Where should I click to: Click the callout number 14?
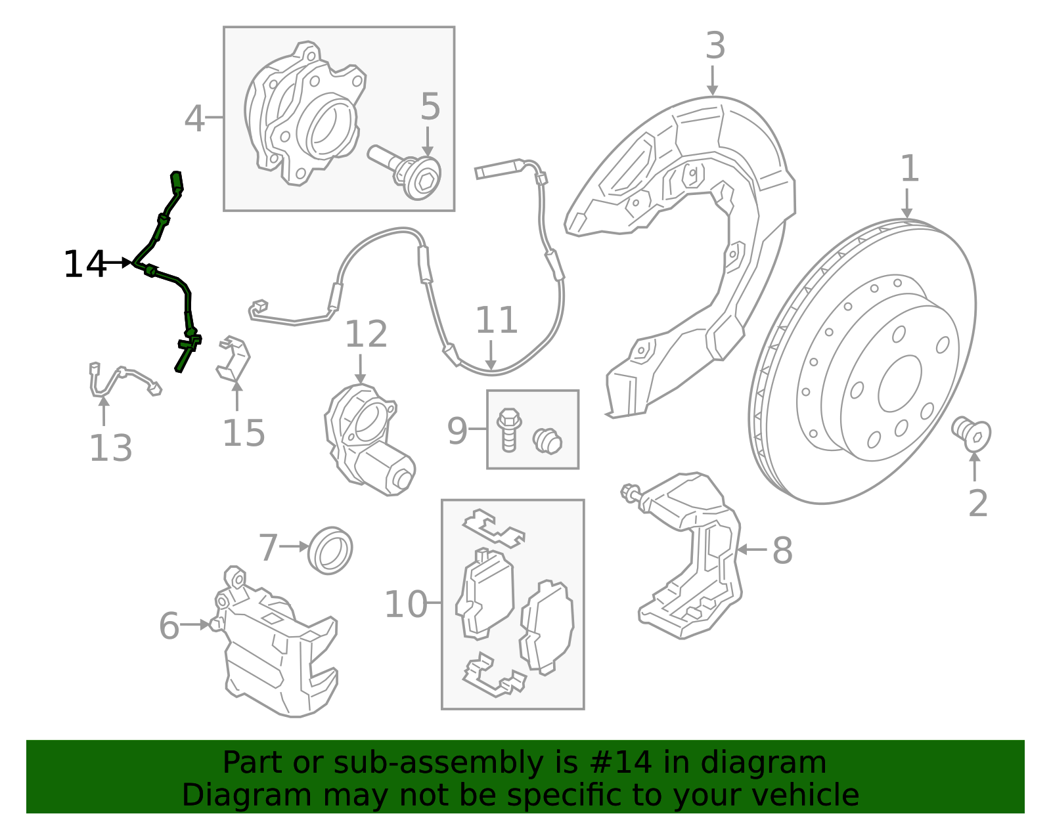(85, 264)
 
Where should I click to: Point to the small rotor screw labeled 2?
(972, 435)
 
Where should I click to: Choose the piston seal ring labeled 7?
(330, 550)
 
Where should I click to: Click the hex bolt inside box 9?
(508, 430)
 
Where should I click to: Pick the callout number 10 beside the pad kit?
(405, 604)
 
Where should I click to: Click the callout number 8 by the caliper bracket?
(782, 550)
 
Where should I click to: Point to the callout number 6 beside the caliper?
(169, 626)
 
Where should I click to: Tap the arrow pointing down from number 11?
(491, 355)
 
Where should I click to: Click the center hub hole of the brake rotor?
(900, 383)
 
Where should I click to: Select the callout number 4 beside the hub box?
(194, 118)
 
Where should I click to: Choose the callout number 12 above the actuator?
(366, 334)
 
